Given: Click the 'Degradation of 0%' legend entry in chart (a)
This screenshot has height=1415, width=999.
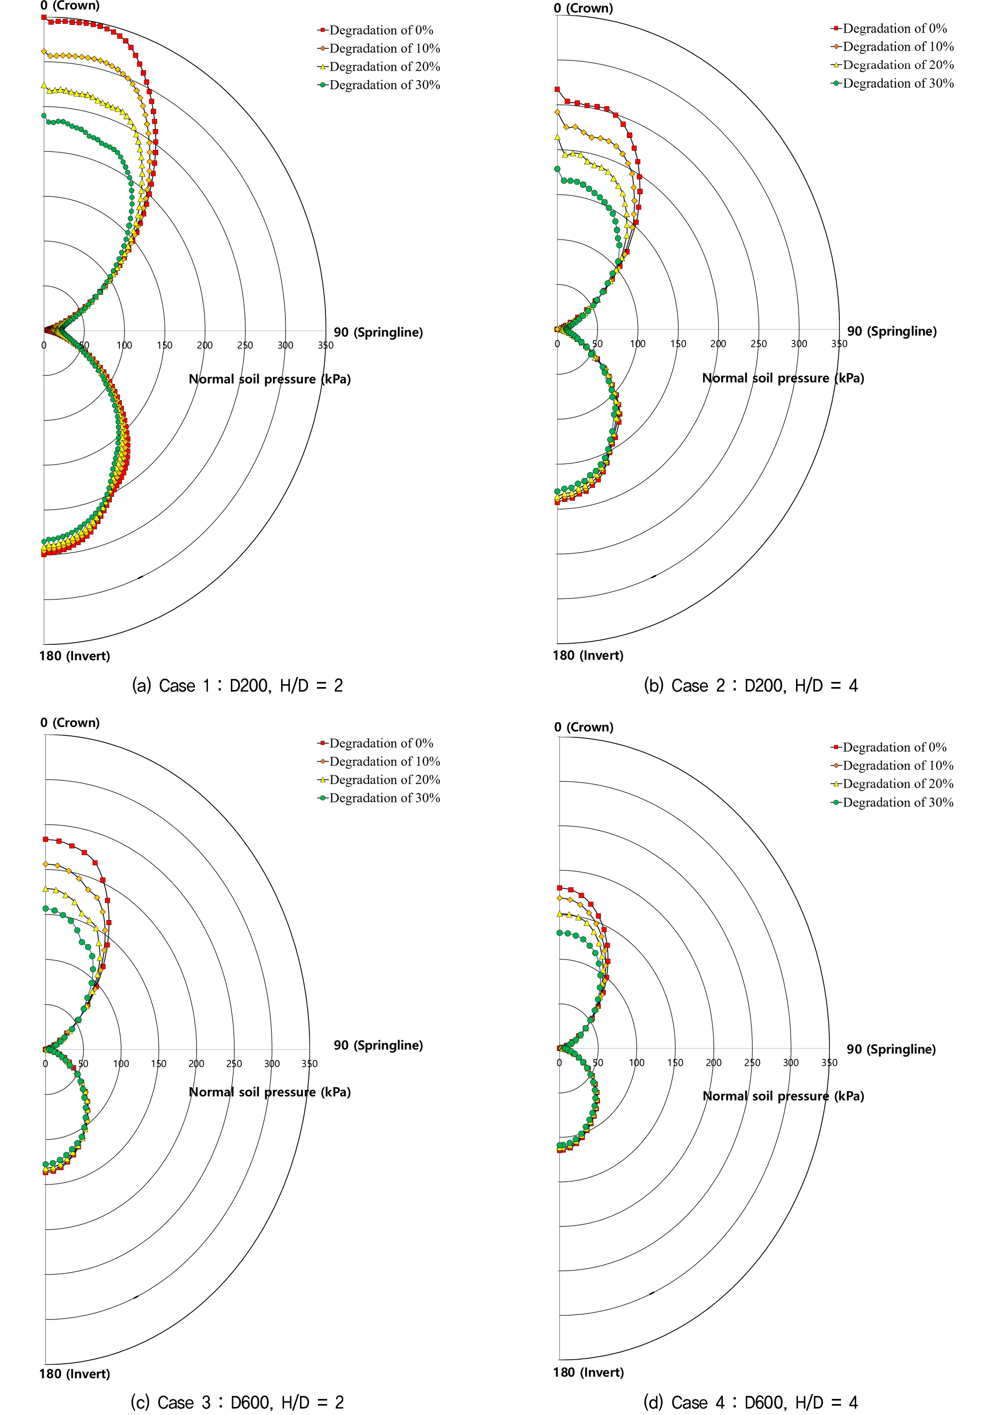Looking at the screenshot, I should pyautogui.click(x=381, y=30).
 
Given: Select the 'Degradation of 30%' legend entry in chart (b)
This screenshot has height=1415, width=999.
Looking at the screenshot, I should pyautogui.click(x=898, y=83).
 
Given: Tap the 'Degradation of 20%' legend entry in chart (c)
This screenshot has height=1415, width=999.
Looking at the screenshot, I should pyautogui.click(x=384, y=780).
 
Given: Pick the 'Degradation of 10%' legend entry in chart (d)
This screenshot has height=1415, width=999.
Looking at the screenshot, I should pyautogui.click(x=898, y=765).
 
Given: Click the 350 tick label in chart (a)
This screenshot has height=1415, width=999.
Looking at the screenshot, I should pyautogui.click(x=325, y=345).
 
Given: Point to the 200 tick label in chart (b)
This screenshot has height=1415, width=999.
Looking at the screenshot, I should pyautogui.click(x=718, y=344).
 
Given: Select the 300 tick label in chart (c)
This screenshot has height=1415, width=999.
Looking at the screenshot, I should pyautogui.click(x=272, y=1063).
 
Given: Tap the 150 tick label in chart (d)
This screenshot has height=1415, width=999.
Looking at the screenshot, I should pyautogui.click(x=675, y=1062).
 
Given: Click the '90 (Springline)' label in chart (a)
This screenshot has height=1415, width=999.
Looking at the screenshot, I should pyautogui.click(x=378, y=332).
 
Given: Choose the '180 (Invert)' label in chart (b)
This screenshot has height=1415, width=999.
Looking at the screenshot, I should pyautogui.click(x=588, y=655).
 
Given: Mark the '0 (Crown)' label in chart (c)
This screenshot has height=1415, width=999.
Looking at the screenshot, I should pyautogui.click(x=70, y=722).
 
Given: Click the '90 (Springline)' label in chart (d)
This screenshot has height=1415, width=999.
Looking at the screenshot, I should pyautogui.click(x=891, y=1049).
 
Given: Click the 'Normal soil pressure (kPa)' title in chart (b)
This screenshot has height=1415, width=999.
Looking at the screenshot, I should pyautogui.click(x=783, y=378).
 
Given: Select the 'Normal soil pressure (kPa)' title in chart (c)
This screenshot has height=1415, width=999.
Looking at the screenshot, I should pyautogui.click(x=269, y=1091).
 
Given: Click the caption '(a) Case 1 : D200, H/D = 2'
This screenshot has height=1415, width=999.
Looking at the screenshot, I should pyautogui.click(x=237, y=685).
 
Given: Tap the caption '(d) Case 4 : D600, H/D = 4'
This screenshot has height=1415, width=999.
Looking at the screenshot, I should pyautogui.click(x=750, y=1402).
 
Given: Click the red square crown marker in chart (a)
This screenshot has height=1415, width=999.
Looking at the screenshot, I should pyautogui.click(x=44, y=17).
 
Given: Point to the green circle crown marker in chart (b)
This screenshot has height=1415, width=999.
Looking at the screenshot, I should pyautogui.click(x=557, y=168).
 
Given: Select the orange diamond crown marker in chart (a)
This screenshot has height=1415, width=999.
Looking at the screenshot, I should pyautogui.click(x=44, y=51).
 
